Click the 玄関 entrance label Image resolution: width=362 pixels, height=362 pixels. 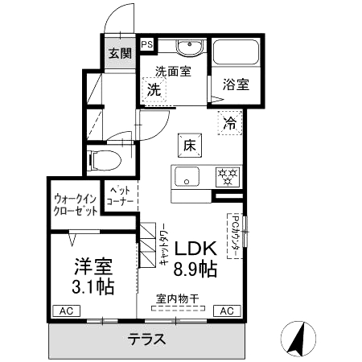120,55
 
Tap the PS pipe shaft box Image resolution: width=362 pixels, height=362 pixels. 148,45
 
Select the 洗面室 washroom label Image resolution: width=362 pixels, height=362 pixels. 173,71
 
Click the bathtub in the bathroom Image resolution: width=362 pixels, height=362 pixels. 235,54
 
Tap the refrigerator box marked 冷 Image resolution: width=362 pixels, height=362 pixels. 230,124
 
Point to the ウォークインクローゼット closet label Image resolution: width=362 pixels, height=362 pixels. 76,204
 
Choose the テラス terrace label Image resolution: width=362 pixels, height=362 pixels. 146,339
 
